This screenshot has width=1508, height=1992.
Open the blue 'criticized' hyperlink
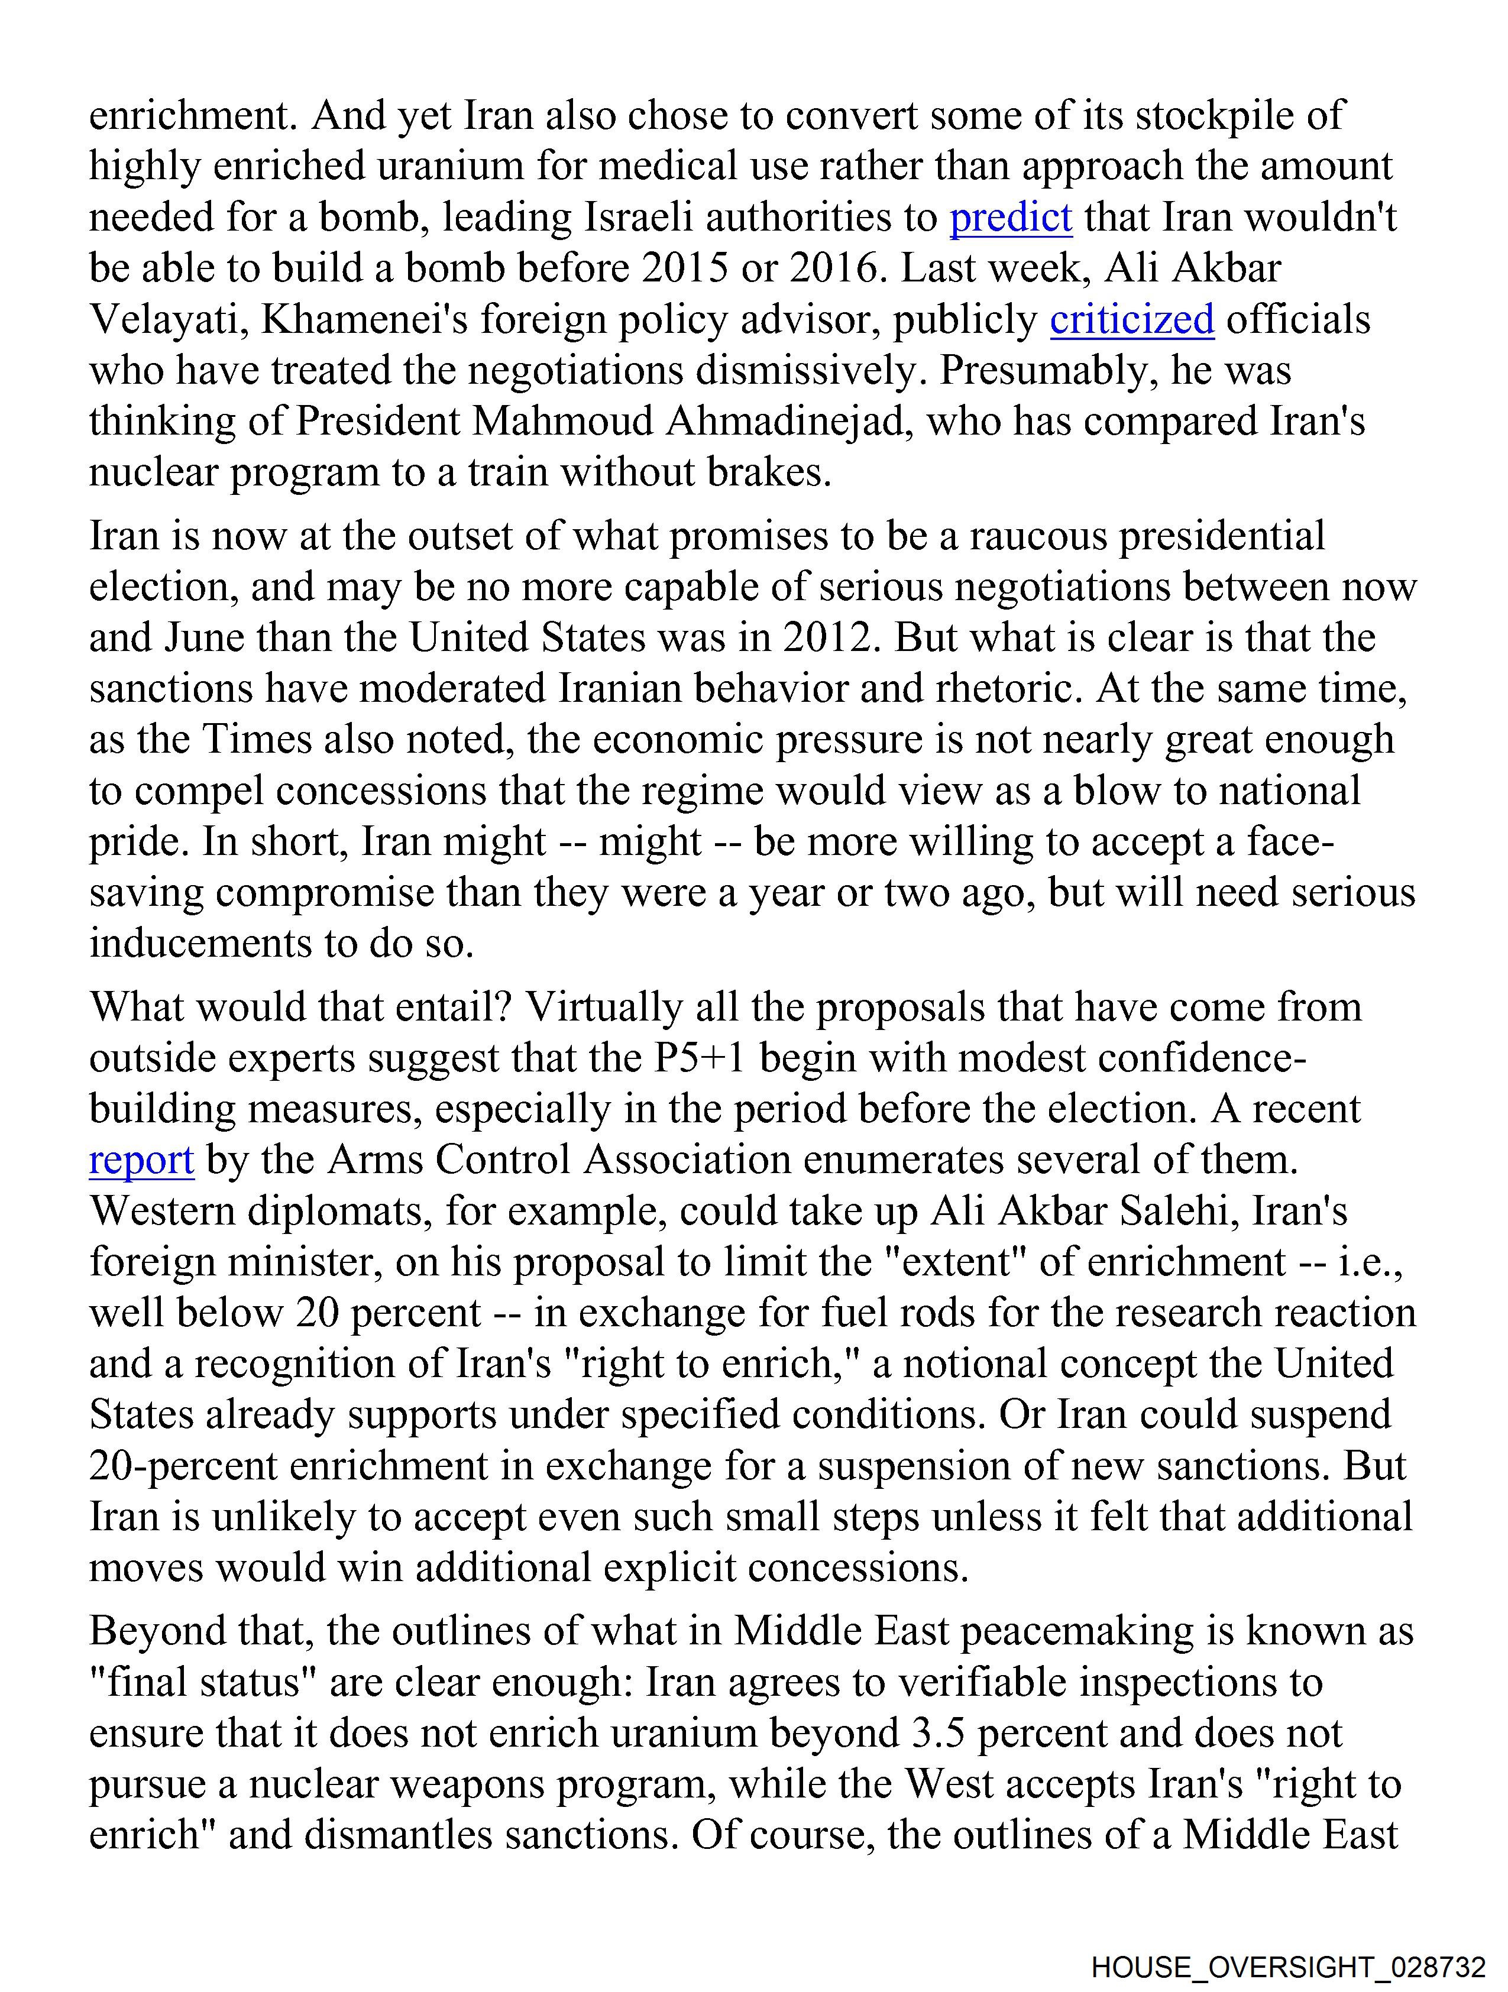1131,320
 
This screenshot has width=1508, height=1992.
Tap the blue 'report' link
141,1161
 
